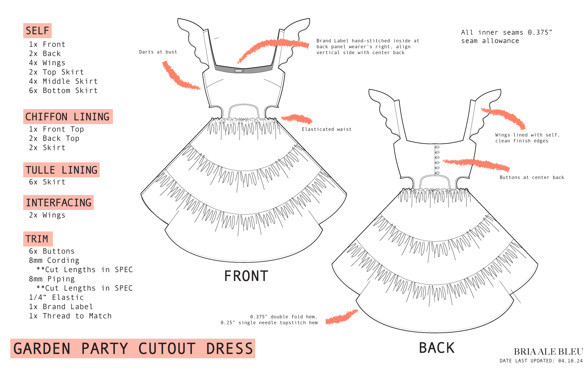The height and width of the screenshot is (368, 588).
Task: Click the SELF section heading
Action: click(x=37, y=31)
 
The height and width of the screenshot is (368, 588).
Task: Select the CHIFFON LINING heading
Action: click(x=67, y=117)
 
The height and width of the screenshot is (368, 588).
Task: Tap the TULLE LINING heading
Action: click(x=61, y=170)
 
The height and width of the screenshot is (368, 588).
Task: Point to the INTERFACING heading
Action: click(x=58, y=203)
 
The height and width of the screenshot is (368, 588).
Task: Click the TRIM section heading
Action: click(x=37, y=239)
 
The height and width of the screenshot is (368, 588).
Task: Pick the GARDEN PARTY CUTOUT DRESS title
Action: click(x=133, y=349)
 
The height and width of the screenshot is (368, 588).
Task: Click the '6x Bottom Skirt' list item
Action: click(x=63, y=91)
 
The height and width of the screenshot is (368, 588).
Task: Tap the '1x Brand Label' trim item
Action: click(x=61, y=307)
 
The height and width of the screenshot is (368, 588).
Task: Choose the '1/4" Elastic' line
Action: click(x=56, y=297)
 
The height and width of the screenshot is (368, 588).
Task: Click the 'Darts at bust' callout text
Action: click(x=158, y=52)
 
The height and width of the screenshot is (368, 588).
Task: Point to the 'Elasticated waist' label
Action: click(x=327, y=129)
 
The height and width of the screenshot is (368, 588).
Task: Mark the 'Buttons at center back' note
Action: click(x=532, y=178)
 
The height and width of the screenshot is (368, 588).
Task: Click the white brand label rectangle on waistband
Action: click(x=239, y=71)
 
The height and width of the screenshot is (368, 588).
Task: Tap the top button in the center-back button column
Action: click(x=437, y=148)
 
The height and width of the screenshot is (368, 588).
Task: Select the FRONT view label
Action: click(x=246, y=277)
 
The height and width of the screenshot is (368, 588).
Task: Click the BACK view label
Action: click(x=437, y=348)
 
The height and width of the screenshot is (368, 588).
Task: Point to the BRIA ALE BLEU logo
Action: click(x=548, y=352)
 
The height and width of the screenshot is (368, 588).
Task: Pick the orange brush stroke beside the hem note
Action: click(x=341, y=317)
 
